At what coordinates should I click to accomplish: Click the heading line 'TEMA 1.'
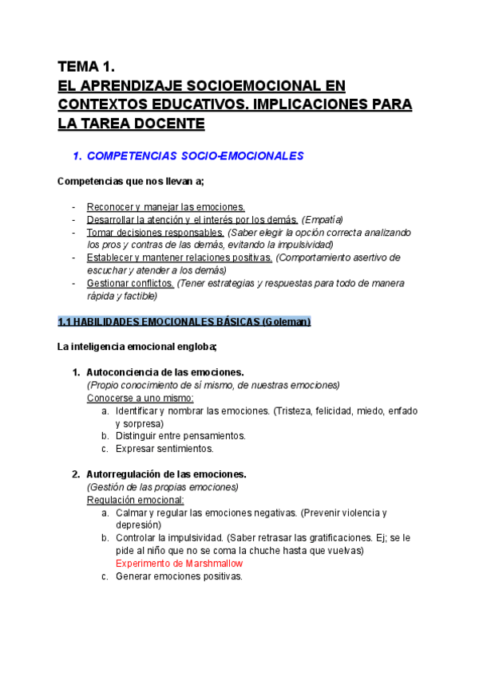coord(92,67)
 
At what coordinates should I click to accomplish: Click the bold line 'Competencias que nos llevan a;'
coord(131,182)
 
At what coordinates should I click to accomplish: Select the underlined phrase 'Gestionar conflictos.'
coord(129,283)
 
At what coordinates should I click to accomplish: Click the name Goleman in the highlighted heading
coord(283,322)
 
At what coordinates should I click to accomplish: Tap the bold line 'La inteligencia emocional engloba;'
coord(137,347)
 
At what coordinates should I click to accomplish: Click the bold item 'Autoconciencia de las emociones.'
coord(164,372)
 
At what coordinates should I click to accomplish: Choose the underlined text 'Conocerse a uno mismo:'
coord(140,398)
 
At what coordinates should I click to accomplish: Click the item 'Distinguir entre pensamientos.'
coord(180,436)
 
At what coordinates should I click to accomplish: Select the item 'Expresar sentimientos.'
coord(164,449)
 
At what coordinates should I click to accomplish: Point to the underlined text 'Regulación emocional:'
coord(135,500)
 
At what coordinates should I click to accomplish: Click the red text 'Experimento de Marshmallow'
coord(179,564)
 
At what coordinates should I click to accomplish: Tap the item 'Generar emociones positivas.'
coord(179,576)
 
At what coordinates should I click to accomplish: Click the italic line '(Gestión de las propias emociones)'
coord(162,487)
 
